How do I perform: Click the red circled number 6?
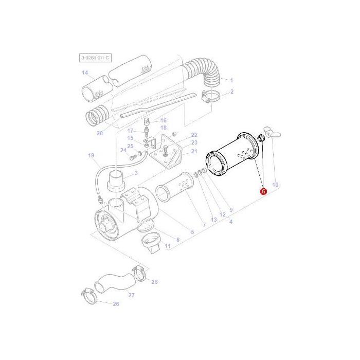263,191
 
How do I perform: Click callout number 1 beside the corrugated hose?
231,80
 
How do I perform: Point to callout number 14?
85,73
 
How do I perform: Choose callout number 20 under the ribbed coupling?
100,134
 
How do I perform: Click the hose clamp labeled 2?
210,95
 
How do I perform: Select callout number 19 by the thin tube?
91,155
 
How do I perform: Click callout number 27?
131,295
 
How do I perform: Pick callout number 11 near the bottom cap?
167,247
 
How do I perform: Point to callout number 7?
204,225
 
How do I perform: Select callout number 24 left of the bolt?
123,150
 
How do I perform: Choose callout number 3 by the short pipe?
136,173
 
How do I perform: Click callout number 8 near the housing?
178,240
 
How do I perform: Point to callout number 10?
275,185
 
